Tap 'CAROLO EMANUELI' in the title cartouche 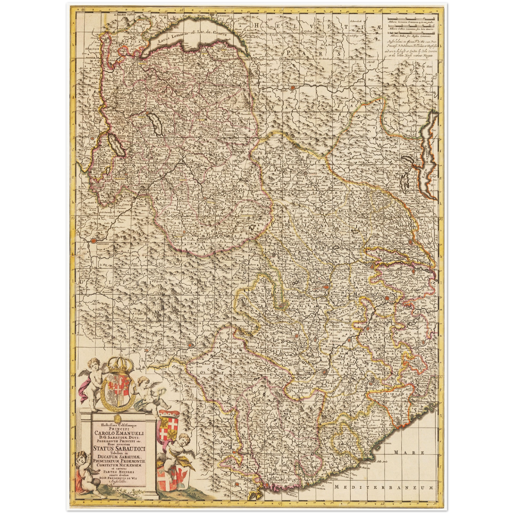(119, 433)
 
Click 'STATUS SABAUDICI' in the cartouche (119, 448)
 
